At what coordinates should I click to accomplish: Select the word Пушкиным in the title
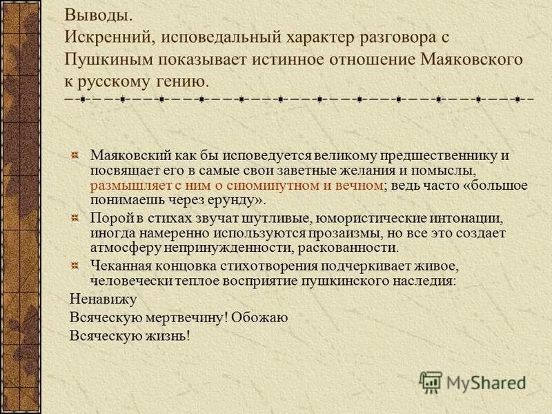[110, 59]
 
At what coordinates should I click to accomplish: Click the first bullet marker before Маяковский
[78, 155]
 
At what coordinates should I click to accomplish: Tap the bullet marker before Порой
[78, 218]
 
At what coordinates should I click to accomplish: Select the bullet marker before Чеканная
[78, 266]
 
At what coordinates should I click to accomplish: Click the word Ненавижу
[103, 299]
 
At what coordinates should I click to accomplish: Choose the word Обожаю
[259, 317]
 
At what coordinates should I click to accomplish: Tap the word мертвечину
[184, 317]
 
